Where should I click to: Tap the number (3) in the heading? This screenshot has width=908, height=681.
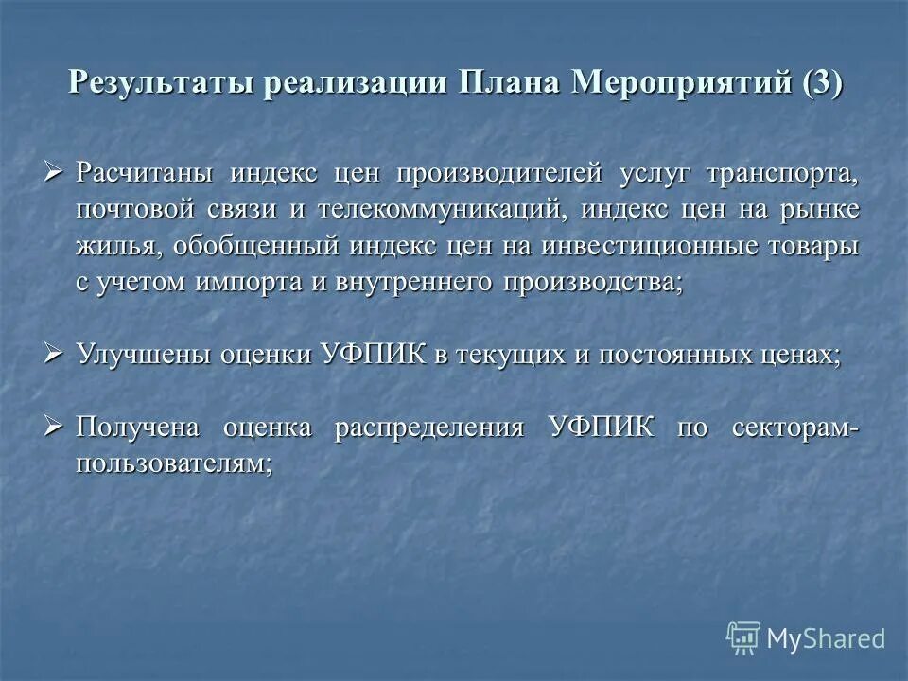tap(821, 82)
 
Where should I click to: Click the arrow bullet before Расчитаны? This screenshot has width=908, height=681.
tap(54, 173)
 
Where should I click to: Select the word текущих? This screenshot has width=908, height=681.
tap(511, 355)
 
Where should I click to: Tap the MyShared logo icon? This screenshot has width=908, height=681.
tap(743, 639)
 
